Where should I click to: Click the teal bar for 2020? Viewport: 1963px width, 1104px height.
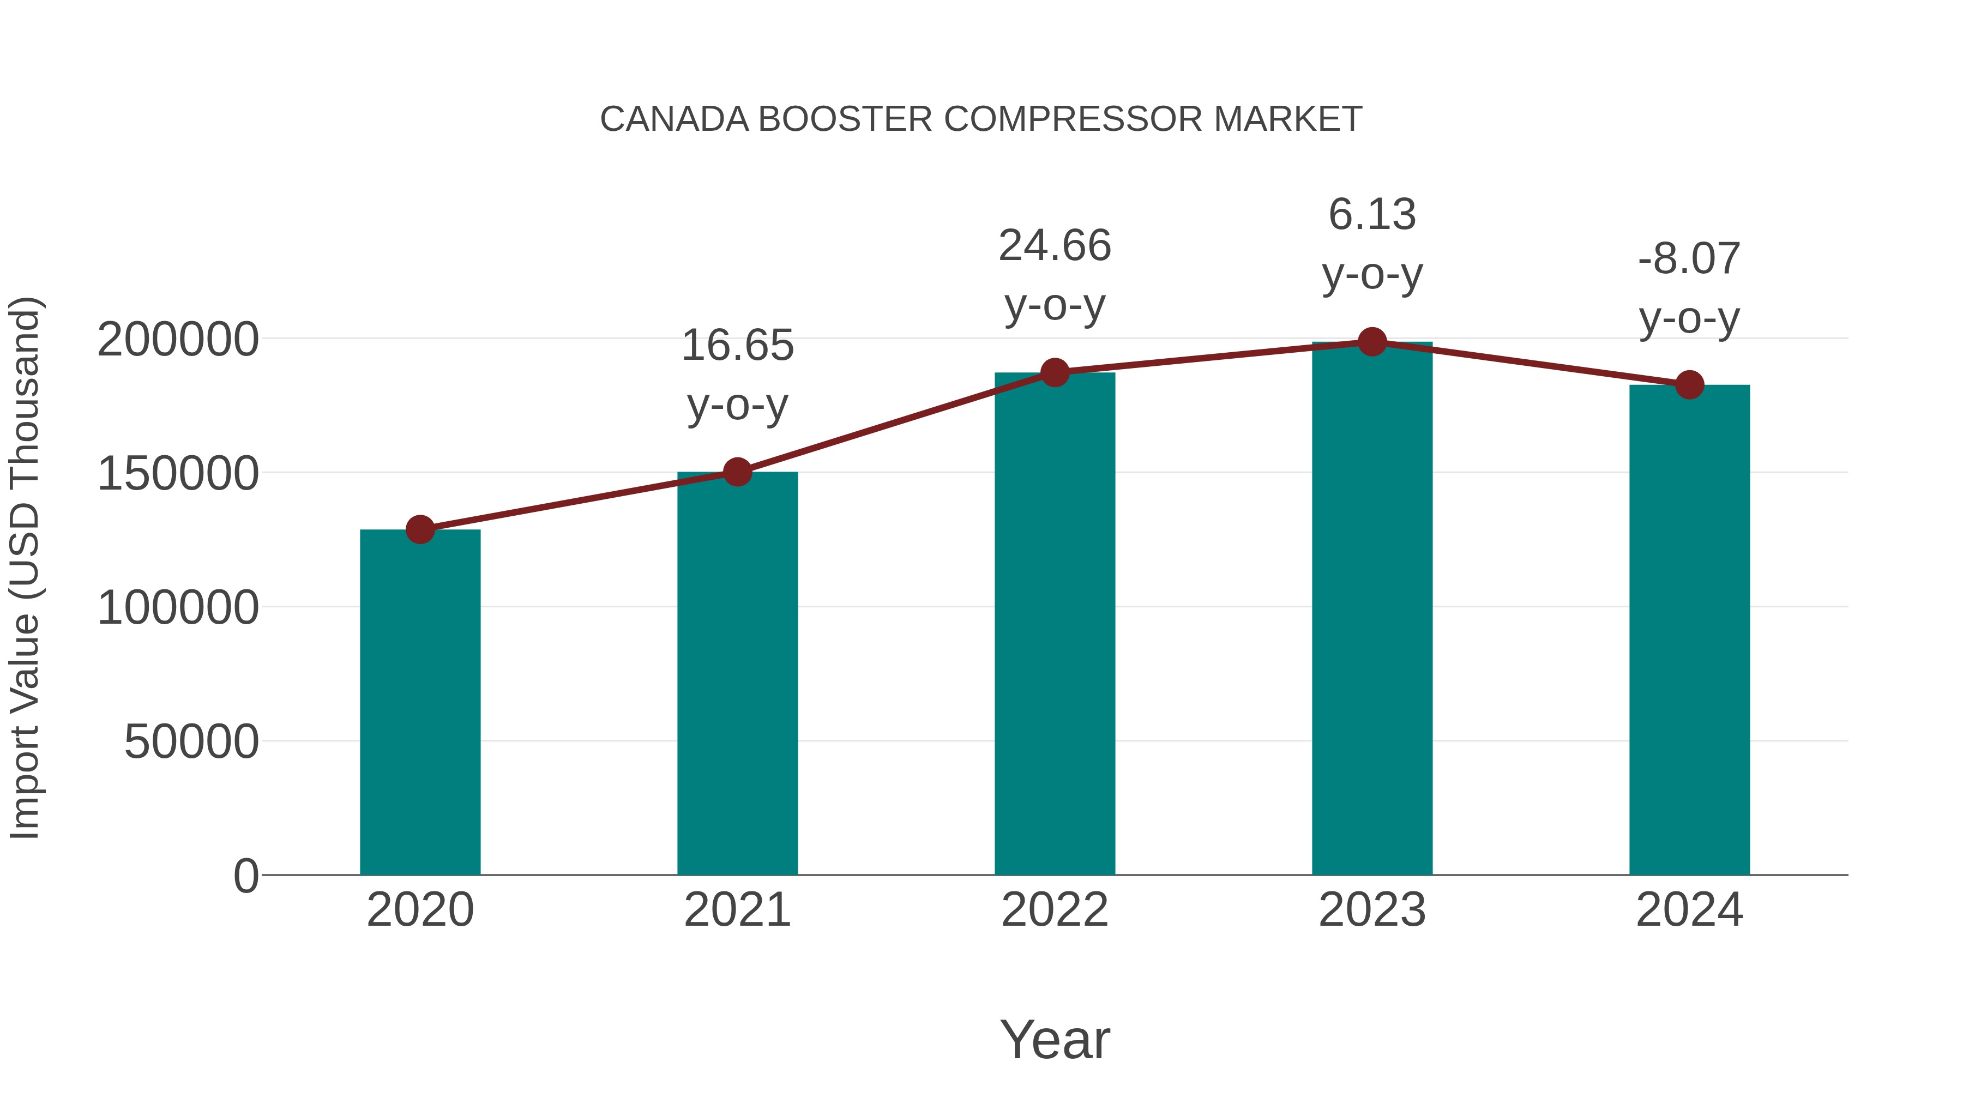420,701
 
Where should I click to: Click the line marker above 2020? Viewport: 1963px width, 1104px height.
420,529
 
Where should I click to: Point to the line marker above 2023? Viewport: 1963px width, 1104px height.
1372,342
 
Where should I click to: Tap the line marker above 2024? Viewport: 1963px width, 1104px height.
1689,385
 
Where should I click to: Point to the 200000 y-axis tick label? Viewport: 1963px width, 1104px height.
178,340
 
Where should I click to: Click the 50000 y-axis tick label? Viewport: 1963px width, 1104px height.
191,741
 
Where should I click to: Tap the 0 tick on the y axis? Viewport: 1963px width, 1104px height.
245,876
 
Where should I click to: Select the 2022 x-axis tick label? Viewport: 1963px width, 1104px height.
1055,910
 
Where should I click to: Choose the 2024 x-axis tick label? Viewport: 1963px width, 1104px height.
1689,910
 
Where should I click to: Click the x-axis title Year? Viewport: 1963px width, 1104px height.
1055,1039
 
